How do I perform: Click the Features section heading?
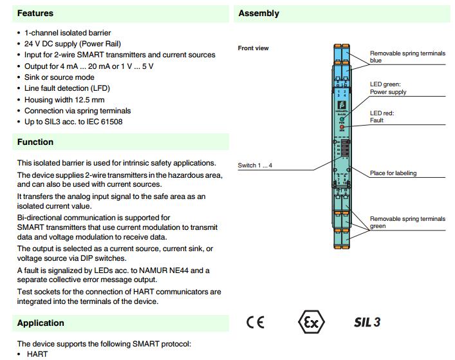pyautogui.click(x=35, y=13)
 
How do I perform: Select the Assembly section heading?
pyautogui.click(x=259, y=13)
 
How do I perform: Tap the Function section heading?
pyautogui.click(x=35, y=142)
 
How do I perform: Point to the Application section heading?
pyautogui.click(x=41, y=323)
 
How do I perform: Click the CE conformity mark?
pyautogui.click(x=255, y=322)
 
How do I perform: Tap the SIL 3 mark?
pyautogui.click(x=367, y=322)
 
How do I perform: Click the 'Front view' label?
pyautogui.click(x=254, y=48)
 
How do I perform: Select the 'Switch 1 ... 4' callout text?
pyautogui.click(x=255, y=166)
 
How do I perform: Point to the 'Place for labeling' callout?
pyautogui.click(x=393, y=173)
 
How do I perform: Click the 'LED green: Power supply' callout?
pyautogui.click(x=387, y=88)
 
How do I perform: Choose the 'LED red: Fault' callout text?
pyautogui.click(x=382, y=117)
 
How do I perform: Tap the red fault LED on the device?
pyautogui.click(x=342, y=127)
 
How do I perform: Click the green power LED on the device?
pyautogui.click(x=342, y=120)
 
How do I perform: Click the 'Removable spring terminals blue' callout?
pyautogui.click(x=407, y=57)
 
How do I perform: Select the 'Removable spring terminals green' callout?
pyautogui.click(x=407, y=222)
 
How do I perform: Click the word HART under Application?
pyautogui.click(x=37, y=354)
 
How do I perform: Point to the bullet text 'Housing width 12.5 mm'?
pyautogui.click(x=64, y=100)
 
